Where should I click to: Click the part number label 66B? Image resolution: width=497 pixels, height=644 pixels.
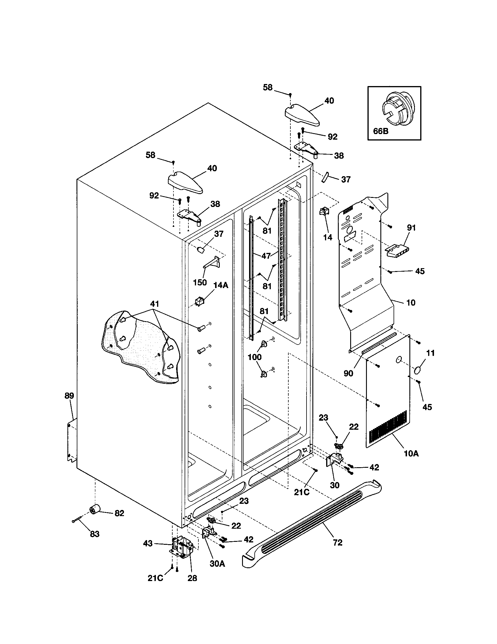click(x=381, y=131)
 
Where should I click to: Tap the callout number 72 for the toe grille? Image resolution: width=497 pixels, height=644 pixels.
click(x=338, y=542)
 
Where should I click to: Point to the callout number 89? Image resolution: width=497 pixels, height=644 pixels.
click(x=69, y=396)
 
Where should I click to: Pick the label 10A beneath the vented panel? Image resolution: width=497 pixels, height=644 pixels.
click(x=411, y=454)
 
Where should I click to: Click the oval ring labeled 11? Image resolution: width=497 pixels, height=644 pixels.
click(x=418, y=370)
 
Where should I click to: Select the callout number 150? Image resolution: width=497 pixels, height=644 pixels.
click(x=200, y=282)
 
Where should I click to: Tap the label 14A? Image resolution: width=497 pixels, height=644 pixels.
click(x=221, y=285)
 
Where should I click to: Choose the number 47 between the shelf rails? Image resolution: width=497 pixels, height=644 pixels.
click(x=266, y=256)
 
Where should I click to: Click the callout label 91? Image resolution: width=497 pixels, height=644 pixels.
click(x=411, y=228)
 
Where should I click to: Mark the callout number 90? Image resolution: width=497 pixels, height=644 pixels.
click(x=348, y=373)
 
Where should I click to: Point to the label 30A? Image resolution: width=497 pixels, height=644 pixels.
click(x=217, y=563)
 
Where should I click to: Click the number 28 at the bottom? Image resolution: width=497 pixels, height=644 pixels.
click(x=192, y=578)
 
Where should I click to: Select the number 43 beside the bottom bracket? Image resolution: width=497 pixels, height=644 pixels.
click(x=148, y=543)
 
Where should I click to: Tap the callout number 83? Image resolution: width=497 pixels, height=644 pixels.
click(x=95, y=534)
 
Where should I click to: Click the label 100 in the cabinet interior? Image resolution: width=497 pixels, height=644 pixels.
click(x=255, y=357)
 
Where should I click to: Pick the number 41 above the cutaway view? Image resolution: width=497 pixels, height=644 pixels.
click(x=154, y=304)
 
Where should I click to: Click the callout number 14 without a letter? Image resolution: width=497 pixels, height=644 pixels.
click(x=328, y=237)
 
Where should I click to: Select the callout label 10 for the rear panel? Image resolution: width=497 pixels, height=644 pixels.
click(x=411, y=303)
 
